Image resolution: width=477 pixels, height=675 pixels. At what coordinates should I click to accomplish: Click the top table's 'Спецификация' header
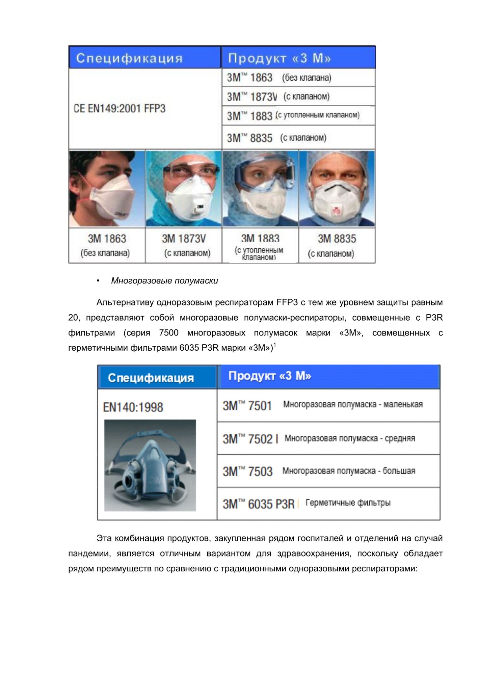(129, 58)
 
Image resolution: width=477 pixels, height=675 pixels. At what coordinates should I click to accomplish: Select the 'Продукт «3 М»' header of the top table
(279, 58)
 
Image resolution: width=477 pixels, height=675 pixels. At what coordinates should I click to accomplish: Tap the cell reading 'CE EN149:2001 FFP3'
(120, 109)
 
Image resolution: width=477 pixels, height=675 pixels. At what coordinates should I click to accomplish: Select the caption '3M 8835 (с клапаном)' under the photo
(337, 246)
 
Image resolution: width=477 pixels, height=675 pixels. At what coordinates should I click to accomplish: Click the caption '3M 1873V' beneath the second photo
(183, 239)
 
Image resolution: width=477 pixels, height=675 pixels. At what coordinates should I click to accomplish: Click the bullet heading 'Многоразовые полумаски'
(164, 281)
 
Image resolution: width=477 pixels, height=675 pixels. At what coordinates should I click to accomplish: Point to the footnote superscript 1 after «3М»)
(275, 345)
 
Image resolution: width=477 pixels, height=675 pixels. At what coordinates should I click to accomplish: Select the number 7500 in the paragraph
(168, 333)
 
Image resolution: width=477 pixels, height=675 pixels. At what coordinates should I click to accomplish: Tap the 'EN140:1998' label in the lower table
(133, 407)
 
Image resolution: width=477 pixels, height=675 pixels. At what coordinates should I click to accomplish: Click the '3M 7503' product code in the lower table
(247, 471)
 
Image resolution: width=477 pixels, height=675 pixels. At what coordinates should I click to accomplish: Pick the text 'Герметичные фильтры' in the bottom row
(348, 503)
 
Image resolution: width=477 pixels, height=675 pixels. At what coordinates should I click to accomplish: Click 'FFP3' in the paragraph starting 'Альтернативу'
(287, 302)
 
